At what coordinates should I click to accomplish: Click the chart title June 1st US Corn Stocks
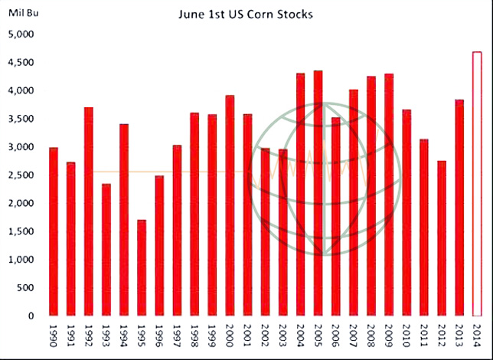coord(245,15)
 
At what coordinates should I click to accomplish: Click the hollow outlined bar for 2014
coord(477,184)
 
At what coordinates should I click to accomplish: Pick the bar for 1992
coord(89,211)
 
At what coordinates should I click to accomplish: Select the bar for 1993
coord(106,250)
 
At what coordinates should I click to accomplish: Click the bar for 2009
coord(389,195)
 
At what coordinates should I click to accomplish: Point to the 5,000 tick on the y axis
coord(21,34)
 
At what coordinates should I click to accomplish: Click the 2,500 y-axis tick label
coord(21,175)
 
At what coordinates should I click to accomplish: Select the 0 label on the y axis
coord(32,316)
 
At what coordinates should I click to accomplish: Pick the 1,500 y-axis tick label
coord(21,231)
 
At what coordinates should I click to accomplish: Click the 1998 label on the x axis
coord(194,337)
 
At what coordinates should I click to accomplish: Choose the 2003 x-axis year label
coord(283,337)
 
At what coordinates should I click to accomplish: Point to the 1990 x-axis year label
coord(54,337)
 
